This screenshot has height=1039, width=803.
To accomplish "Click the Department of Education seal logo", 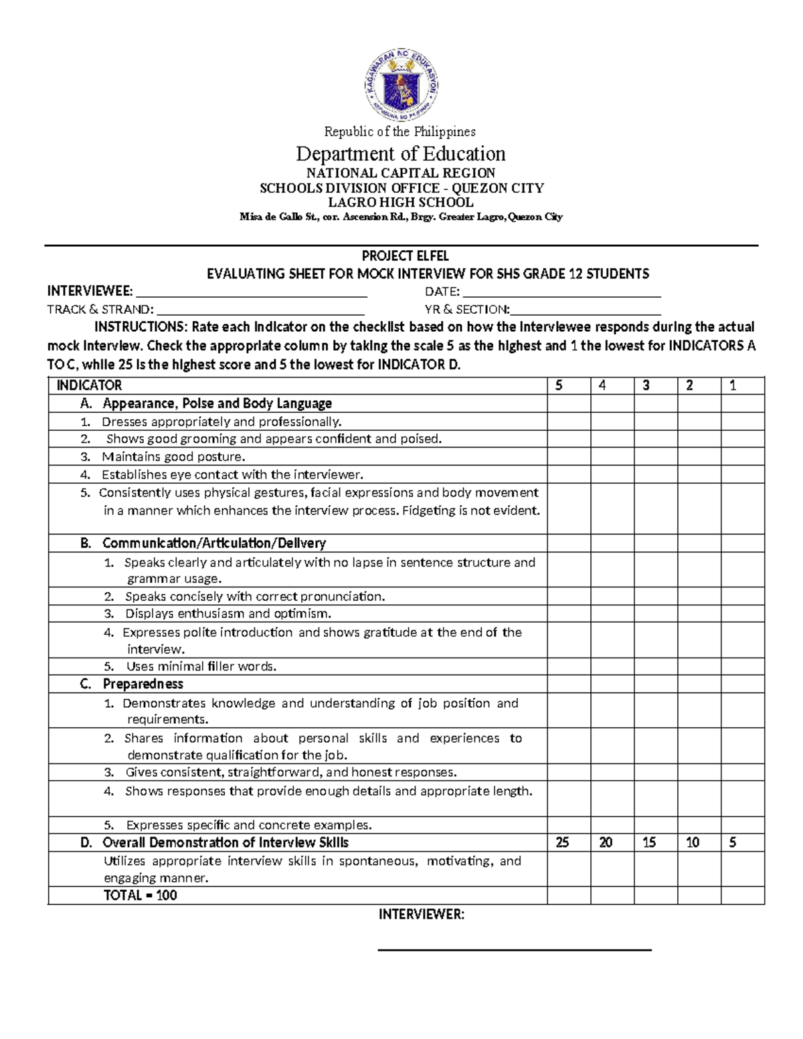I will point(401,84).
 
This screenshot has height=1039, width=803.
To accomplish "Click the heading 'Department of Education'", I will point(401,154).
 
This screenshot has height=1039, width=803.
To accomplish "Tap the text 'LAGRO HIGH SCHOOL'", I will point(401,202).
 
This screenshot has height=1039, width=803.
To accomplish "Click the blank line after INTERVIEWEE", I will point(251,294).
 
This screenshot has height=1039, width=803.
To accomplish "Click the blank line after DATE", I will point(561,294).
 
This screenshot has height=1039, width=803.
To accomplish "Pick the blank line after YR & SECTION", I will point(586,311).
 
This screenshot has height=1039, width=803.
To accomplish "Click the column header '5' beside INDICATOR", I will point(559,385).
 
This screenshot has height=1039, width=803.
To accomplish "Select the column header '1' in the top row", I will point(733,385).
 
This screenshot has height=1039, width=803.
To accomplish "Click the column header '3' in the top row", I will point(646,385).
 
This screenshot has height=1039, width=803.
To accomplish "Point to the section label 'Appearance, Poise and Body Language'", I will point(217,403).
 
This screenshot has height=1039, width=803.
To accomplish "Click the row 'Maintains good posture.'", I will point(173,457).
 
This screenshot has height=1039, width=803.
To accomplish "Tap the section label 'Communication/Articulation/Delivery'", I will point(214,543).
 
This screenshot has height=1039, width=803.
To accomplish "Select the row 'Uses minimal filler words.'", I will point(201,666).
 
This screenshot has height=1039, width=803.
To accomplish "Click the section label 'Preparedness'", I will point(143,684).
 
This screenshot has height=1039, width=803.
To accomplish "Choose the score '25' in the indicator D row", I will point(562,843).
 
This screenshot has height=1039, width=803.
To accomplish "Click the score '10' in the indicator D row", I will point(693,843).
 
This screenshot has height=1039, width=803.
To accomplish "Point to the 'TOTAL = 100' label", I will point(140,895).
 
